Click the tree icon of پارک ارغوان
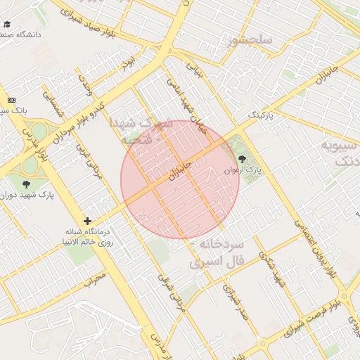coord(243,159)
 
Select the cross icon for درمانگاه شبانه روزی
coord(87,221)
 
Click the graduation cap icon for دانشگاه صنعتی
coord(7,24)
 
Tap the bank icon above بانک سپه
coord(11,101)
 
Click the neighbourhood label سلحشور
coord(250,40)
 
